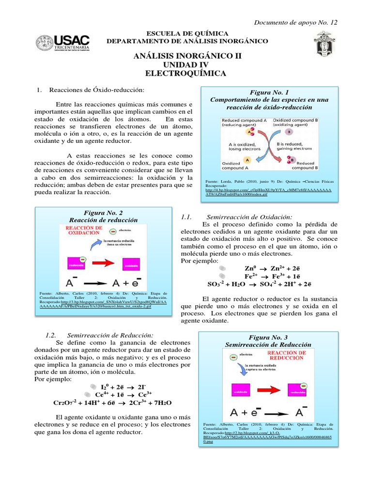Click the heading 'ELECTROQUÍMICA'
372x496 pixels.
pyautogui.click(x=186, y=73)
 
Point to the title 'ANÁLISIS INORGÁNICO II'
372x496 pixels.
pyautogui.click(x=186, y=56)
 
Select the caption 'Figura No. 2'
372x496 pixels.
pyautogui.click(x=104, y=212)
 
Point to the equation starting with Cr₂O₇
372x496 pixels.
pyautogui.click(x=112, y=403)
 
